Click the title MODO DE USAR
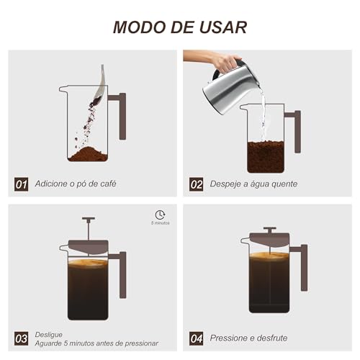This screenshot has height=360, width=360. pyautogui.click(x=180, y=27)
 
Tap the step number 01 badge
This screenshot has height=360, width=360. pyautogui.click(x=22, y=184)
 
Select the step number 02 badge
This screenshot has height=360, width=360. pyautogui.click(x=197, y=184)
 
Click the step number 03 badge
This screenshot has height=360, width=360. pyautogui.click(x=22, y=337)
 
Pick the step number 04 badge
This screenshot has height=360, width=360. pyautogui.click(x=197, y=337)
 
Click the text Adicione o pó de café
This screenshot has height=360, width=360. pyautogui.click(x=75, y=184)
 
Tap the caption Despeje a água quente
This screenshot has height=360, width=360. pyautogui.click(x=253, y=184)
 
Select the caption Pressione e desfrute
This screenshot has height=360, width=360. pyautogui.click(x=253, y=337)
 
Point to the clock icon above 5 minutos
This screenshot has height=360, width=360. pyautogui.click(x=160, y=215)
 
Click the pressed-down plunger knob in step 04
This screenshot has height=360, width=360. pyautogui.click(x=269, y=229)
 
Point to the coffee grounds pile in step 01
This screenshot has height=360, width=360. pyautogui.click(x=89, y=154)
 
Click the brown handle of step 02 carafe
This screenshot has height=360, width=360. pyautogui.click(x=294, y=130)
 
